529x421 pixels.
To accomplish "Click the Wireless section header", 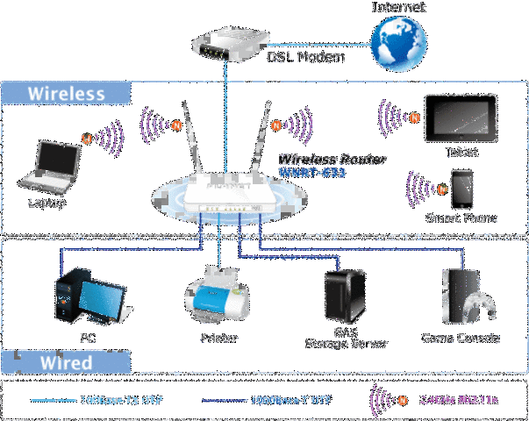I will [x=67, y=93].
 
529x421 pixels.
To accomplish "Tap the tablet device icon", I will [x=461, y=118].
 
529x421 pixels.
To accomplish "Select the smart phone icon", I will [x=461, y=188].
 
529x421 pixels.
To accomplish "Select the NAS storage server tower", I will [x=345, y=295].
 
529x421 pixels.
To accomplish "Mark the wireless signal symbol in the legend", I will [x=385, y=399].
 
